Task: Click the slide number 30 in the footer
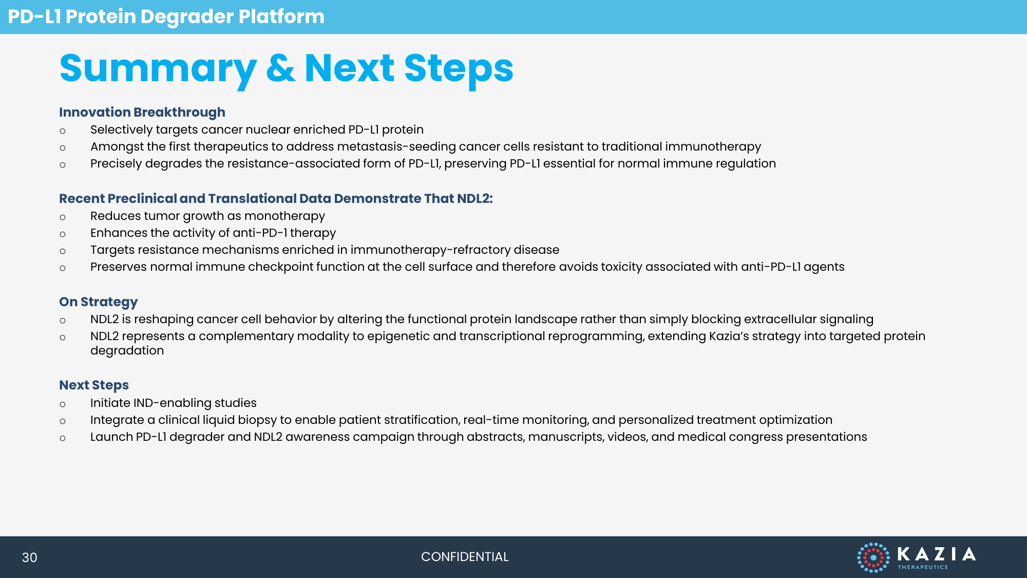[x=29, y=557]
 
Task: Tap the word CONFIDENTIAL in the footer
[x=465, y=557]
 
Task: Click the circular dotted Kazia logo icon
[x=873, y=557]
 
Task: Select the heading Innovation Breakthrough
[x=142, y=113]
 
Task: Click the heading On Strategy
[x=99, y=302]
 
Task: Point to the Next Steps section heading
[x=94, y=385]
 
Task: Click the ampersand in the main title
[x=281, y=68]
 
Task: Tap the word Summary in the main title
[x=158, y=70]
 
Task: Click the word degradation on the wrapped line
[x=127, y=351]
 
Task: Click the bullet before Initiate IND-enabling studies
[x=63, y=404]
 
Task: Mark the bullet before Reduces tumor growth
[x=63, y=217]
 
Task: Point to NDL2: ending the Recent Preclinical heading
[x=475, y=199]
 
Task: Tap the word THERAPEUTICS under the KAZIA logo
[x=923, y=567]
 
